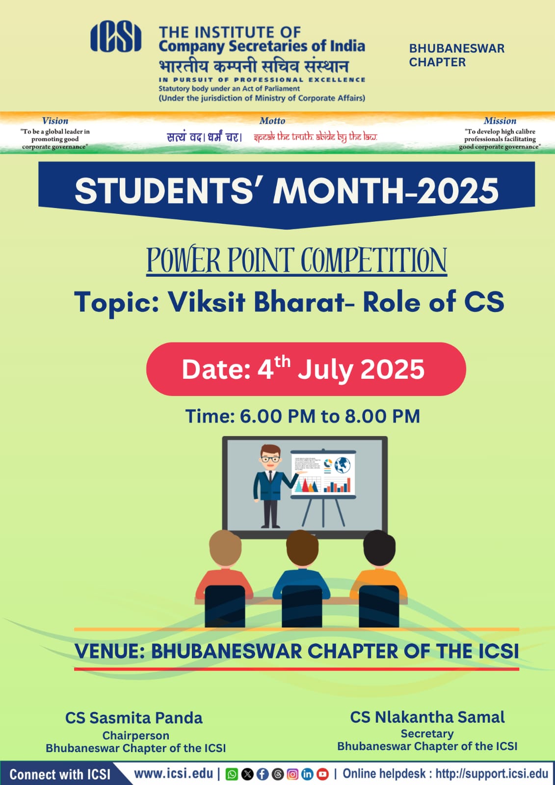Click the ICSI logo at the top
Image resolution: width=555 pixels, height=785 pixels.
[x=116, y=36]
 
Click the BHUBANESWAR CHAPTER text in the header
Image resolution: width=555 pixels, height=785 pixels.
[x=456, y=55]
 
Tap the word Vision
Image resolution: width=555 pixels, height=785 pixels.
[x=55, y=121]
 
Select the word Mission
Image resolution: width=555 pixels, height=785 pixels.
[x=500, y=121]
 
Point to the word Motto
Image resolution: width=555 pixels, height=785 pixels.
[x=272, y=121]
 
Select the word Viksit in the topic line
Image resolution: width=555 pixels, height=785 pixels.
[x=207, y=302]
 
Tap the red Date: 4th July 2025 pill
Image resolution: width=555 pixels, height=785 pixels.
[x=306, y=369]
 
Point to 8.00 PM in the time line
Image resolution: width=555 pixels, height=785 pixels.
[x=382, y=417]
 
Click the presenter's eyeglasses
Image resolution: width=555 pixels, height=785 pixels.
[x=270, y=459]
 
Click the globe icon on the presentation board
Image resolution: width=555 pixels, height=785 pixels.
[x=343, y=465]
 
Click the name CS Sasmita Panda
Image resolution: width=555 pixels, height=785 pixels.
[x=134, y=718]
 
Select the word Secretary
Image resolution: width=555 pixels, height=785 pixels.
[x=427, y=733]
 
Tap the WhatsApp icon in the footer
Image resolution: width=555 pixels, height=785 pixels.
[x=232, y=774]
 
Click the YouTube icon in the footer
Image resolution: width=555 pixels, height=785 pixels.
[x=322, y=774]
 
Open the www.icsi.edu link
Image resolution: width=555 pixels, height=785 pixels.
[x=174, y=774]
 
